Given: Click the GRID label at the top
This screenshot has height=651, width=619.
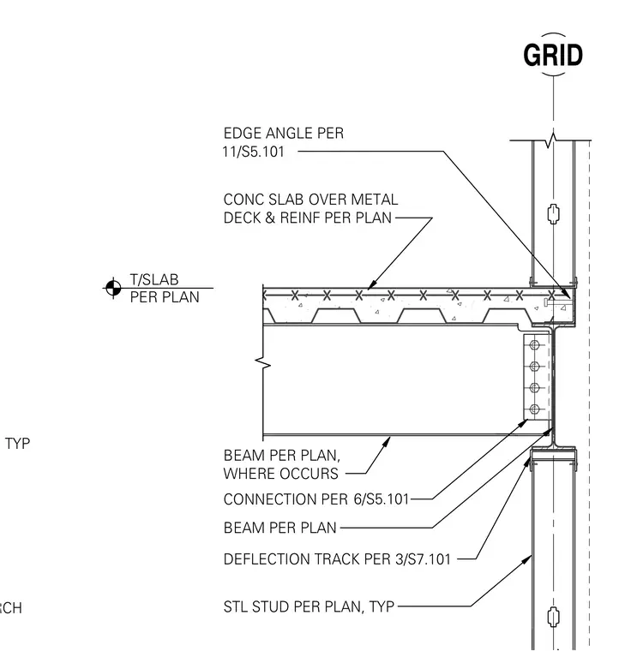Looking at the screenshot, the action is point(553,55).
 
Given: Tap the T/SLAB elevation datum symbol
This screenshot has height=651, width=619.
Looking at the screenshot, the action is point(113,287).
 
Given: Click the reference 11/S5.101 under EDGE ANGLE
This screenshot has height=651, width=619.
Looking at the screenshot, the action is point(254,152).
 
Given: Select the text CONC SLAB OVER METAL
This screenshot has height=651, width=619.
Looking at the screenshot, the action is point(310,200).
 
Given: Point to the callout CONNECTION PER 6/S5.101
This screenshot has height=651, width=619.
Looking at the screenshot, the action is point(316,499).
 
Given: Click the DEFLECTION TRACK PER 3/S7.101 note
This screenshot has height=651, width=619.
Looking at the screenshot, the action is point(337,559).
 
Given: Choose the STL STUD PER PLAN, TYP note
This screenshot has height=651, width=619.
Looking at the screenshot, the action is point(309,607).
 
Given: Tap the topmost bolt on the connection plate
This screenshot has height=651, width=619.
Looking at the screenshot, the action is point(535,344).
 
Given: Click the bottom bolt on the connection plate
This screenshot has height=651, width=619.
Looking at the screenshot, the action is point(535,409).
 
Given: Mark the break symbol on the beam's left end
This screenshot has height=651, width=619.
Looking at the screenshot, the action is point(263,364).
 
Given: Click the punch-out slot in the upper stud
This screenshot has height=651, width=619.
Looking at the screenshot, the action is point(553,214).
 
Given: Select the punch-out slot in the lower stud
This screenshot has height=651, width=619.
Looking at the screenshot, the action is point(553,617).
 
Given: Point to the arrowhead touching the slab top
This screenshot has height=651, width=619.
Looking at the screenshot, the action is point(372,284).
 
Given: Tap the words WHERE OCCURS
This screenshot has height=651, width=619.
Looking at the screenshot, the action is point(281,474).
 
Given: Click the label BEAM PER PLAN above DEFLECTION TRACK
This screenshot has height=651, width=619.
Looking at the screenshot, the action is point(280,528).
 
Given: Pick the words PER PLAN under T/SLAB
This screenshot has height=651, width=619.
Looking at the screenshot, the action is point(165,297).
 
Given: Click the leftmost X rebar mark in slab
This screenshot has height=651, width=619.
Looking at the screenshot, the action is point(295,296).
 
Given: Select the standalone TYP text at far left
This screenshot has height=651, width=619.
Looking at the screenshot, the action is point(17,444).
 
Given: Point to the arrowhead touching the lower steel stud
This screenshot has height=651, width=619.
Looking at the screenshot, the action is point(527,559).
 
